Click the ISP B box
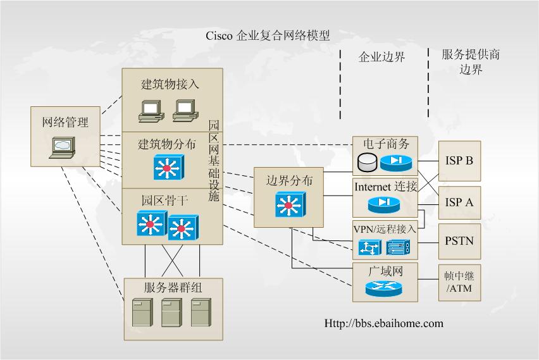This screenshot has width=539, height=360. [459, 161]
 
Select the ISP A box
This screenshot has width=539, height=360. [459, 202]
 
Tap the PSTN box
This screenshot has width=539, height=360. [459, 241]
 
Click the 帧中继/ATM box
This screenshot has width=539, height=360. [459, 282]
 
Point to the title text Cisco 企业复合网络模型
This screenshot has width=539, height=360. [268, 35]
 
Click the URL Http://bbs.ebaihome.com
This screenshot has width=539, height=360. [384, 323]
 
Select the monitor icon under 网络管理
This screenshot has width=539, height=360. [63, 147]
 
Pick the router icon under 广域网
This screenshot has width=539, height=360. [383, 289]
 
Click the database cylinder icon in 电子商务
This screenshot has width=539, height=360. [366, 163]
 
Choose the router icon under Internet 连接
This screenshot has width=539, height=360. [383, 204]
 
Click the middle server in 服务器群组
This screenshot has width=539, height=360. [171, 312]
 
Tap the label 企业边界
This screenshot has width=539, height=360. [381, 58]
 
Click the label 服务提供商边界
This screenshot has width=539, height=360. [471, 61]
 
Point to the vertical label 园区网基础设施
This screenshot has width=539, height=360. [214, 159]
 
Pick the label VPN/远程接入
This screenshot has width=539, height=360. [385, 229]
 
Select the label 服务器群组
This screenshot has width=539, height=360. [173, 287]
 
